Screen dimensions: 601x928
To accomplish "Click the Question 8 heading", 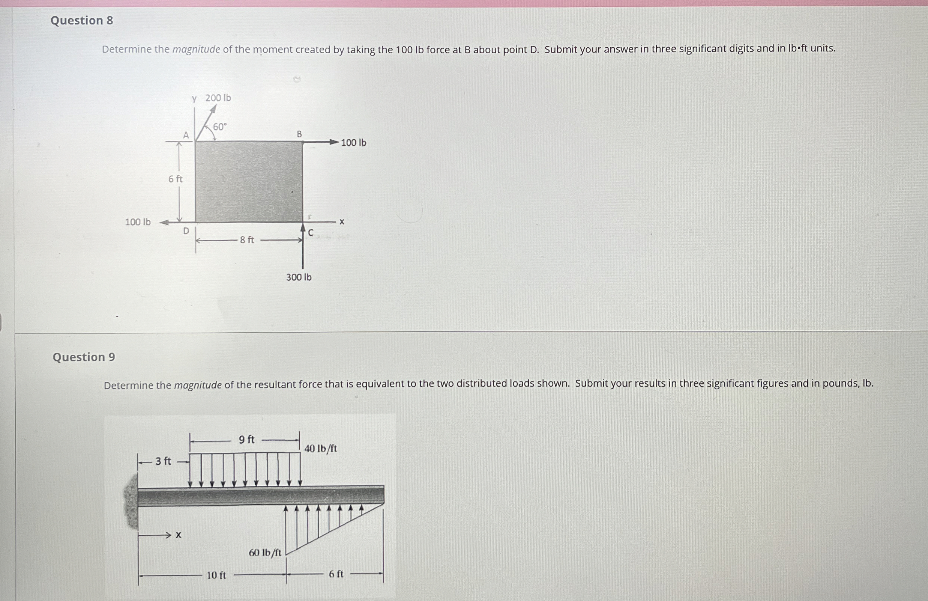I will (x=82, y=20).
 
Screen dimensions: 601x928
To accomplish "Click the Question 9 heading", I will (x=84, y=357).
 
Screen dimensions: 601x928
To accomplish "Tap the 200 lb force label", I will (x=218, y=98).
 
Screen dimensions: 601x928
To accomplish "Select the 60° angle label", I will (x=220, y=127).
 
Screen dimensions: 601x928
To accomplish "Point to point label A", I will (x=186, y=136).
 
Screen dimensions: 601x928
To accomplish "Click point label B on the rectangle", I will (x=299, y=134).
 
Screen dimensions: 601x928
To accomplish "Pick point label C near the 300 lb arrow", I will (x=311, y=233).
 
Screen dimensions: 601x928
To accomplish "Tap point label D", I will (x=186, y=231).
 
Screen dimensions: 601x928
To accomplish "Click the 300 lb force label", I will (x=299, y=277).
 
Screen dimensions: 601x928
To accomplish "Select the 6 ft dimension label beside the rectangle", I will (x=176, y=179).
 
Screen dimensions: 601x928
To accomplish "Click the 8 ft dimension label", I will (x=247, y=240).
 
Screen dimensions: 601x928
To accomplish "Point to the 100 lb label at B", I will (x=354, y=143).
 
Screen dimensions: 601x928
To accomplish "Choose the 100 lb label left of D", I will (x=138, y=222).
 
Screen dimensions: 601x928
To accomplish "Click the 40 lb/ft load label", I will (x=320, y=449).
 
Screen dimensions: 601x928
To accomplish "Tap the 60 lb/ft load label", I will (x=265, y=553).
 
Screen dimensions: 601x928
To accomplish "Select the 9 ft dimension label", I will (x=246, y=440).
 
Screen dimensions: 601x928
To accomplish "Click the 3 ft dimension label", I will (x=163, y=461).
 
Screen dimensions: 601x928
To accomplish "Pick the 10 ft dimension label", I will (x=216, y=575).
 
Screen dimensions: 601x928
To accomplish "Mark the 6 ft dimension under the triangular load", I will (x=336, y=574).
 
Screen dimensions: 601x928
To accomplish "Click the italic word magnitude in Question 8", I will (x=196, y=50).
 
